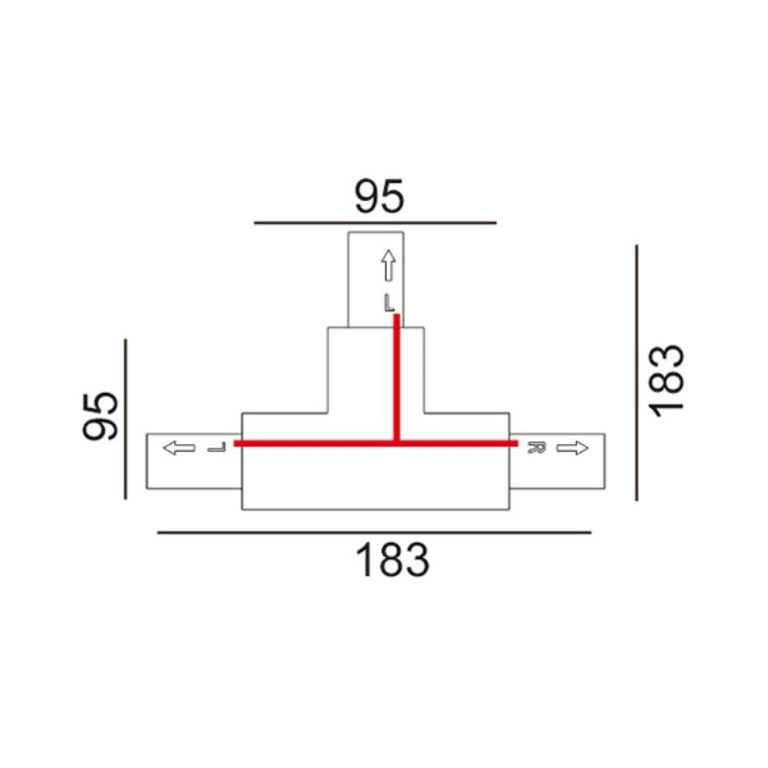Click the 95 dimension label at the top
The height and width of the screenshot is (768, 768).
tap(379, 197)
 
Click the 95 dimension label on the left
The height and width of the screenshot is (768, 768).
tap(101, 416)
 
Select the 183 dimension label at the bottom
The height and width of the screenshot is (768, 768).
tap(392, 561)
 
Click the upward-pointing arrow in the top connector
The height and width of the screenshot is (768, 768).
tap(389, 265)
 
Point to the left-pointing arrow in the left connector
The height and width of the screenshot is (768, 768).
tap(179, 447)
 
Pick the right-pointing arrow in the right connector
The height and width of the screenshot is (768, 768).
tap(572, 447)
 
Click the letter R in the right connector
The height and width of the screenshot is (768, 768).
tap(536, 447)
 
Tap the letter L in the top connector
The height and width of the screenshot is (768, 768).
tap(389, 303)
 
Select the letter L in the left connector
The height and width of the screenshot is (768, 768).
tap(217, 447)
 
